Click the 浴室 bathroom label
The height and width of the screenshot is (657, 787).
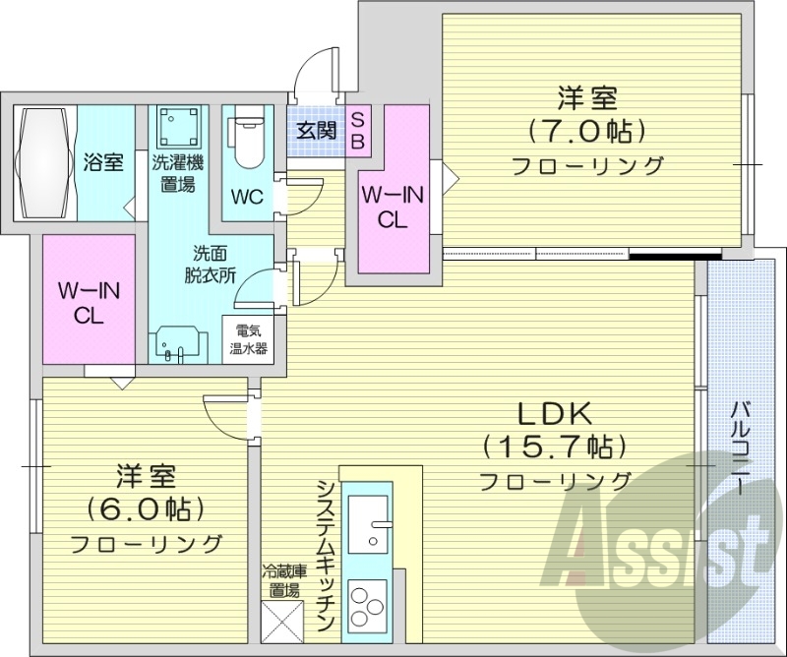click(x=104, y=163)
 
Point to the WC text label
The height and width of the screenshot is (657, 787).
click(x=246, y=196)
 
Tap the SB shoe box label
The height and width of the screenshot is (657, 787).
click(x=357, y=130)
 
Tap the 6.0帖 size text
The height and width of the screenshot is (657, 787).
click(x=145, y=508)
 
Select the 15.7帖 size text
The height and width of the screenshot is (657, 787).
click(x=555, y=447)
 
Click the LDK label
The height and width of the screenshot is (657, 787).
click(x=555, y=412)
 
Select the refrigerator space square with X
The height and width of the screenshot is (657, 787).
click(x=280, y=621)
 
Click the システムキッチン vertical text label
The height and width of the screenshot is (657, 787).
click(x=326, y=556)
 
